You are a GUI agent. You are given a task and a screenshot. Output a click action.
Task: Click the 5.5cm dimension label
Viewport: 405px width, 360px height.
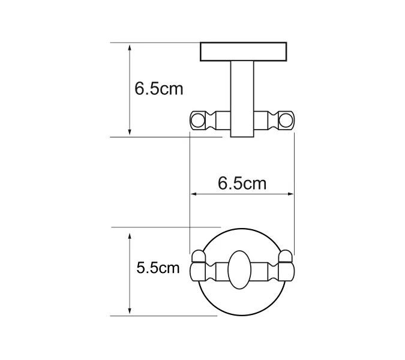pyautogui.click(x=158, y=268)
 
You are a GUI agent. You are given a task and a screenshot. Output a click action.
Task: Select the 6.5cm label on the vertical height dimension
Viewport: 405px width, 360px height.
pyautogui.click(x=158, y=89)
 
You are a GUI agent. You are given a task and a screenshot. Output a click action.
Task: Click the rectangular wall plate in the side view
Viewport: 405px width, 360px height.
pyautogui.click(x=243, y=52)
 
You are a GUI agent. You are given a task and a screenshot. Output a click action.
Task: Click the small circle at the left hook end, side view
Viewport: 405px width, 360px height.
pyautogui.click(x=196, y=121)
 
